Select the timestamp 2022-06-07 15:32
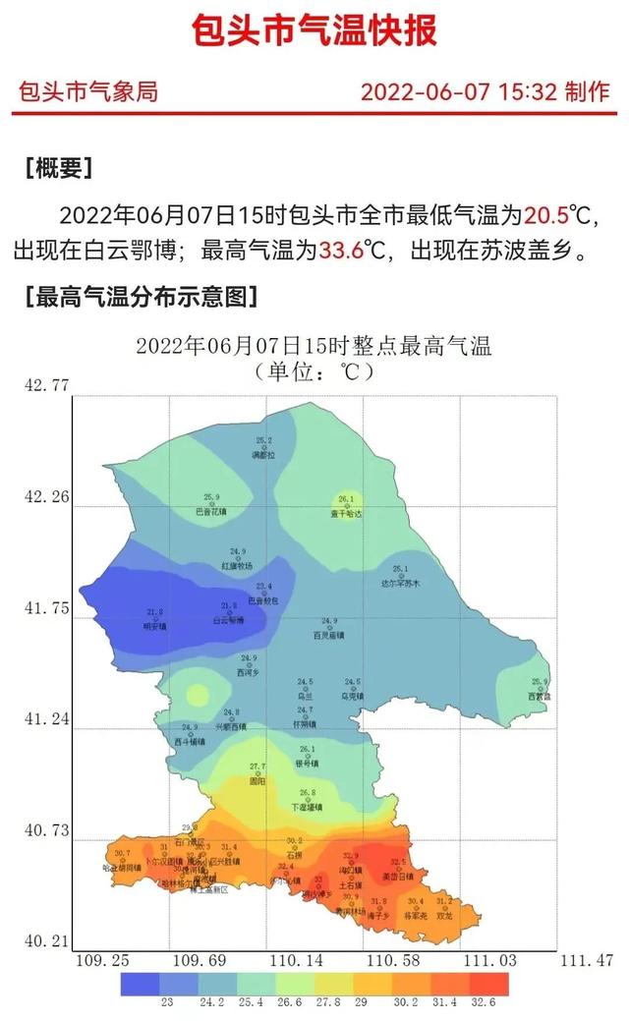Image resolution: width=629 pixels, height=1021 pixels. click(460, 92)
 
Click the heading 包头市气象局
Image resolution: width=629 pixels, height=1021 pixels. click(87, 92)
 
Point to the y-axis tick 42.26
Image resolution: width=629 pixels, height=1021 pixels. click(46, 497)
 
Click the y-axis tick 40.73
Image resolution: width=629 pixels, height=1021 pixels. click(46, 831)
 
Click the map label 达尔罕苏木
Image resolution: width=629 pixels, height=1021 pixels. click(400, 584)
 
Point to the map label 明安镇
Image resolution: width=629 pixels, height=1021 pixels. click(154, 626)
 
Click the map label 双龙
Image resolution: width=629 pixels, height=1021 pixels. click(444, 915)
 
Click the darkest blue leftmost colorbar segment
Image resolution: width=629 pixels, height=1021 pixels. click(141, 983)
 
